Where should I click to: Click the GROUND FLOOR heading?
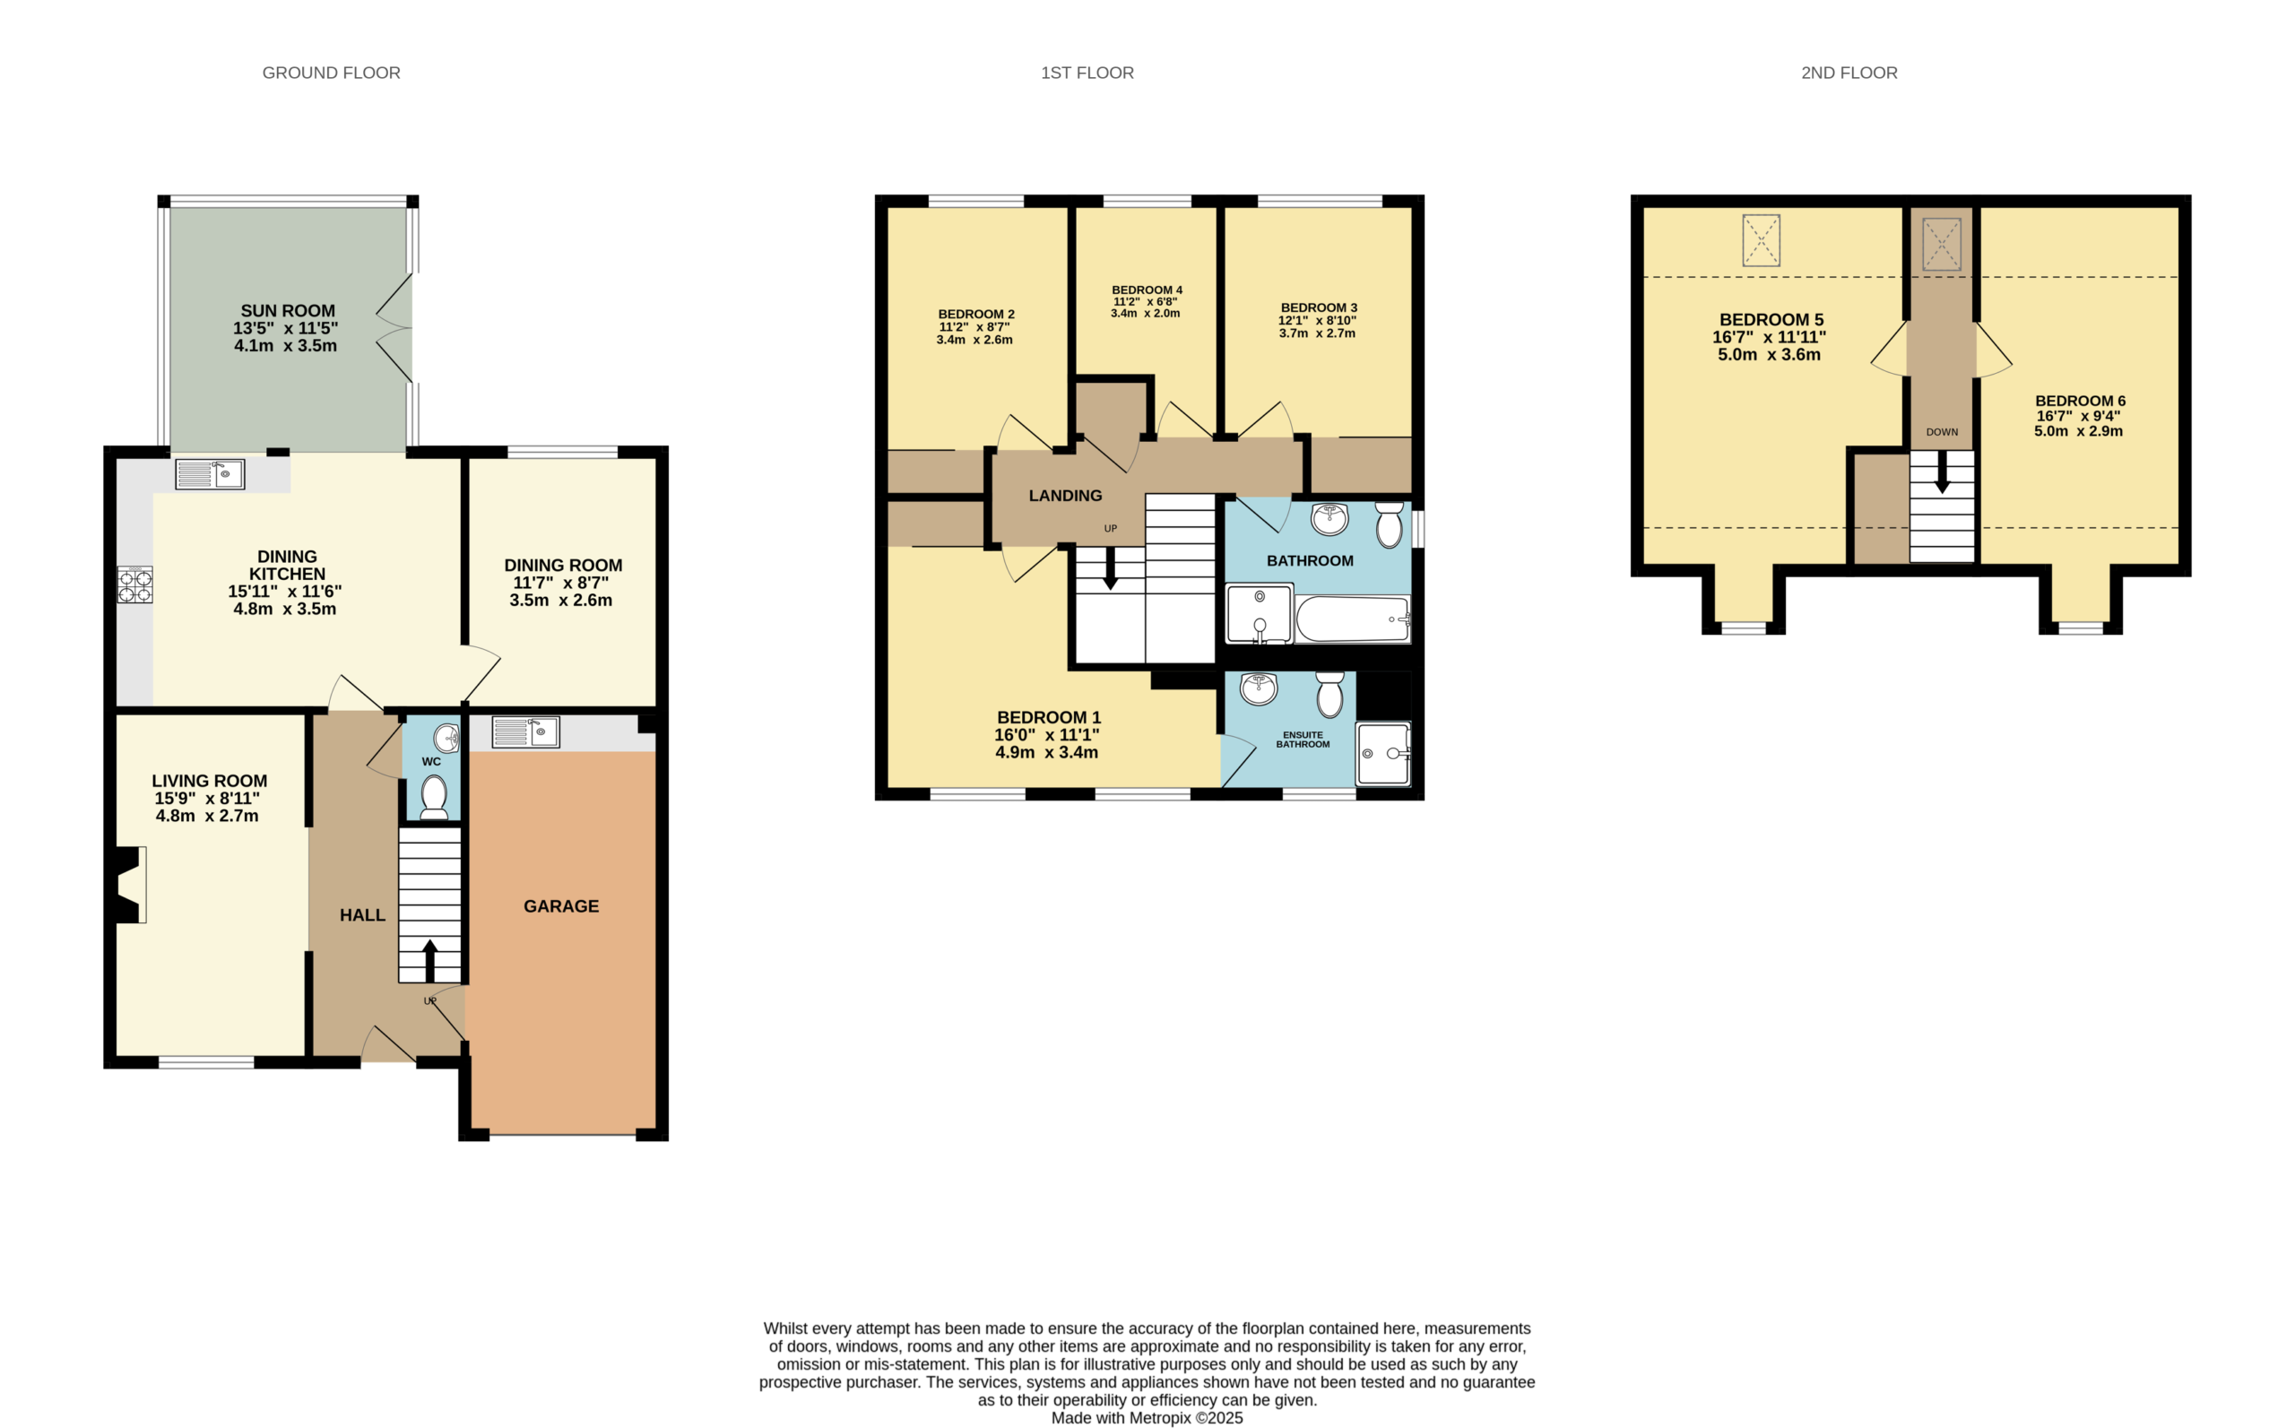point(332,73)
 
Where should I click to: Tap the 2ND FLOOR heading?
point(1849,73)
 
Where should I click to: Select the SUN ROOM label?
point(288,311)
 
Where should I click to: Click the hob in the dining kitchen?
point(135,584)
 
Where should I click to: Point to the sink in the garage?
point(526,732)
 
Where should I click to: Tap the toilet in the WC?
point(434,796)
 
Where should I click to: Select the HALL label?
point(363,915)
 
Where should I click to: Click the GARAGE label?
point(561,906)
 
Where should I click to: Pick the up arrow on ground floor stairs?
point(429,960)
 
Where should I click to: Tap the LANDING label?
point(1065,496)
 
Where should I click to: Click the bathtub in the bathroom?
point(1354,619)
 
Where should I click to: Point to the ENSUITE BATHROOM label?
point(1303,740)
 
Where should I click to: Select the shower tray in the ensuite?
point(1383,754)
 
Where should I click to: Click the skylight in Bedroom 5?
point(1762,241)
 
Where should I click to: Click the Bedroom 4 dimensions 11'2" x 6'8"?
point(1146,302)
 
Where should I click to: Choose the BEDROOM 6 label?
point(2081,401)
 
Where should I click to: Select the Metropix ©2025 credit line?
point(1147,1417)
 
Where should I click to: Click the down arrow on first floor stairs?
point(1111,569)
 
